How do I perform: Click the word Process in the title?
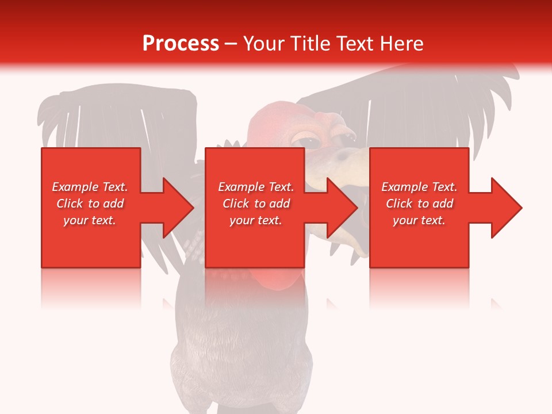point(181,44)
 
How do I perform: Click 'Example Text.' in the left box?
point(90,187)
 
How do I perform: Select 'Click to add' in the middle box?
point(256,204)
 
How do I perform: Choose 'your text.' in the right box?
point(419,220)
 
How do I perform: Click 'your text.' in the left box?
point(90,220)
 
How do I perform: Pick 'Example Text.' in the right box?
point(419,187)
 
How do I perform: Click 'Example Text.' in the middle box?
point(256,187)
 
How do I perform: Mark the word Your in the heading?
point(264,44)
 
